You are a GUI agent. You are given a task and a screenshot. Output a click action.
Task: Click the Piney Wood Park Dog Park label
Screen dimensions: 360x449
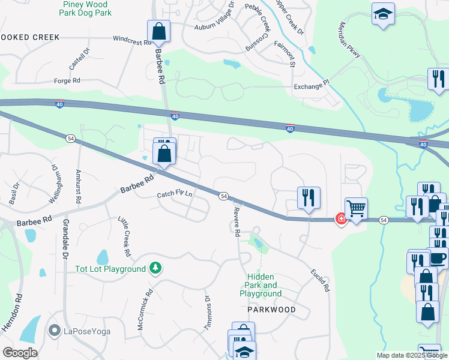click(x=87, y=8)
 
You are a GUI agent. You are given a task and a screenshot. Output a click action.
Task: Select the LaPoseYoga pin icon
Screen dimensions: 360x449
click(x=54, y=330)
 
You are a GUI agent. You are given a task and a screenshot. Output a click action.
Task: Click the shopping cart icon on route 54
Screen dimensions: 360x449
click(x=356, y=208)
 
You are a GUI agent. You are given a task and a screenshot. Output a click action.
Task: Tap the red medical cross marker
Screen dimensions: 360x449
click(x=341, y=219)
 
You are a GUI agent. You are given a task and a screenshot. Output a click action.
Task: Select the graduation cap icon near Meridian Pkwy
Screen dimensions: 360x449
click(x=382, y=14)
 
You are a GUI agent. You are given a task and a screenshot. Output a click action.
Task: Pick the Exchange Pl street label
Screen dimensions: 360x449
click(x=312, y=87)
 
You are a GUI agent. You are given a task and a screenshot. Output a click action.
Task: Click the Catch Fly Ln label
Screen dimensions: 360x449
click(x=175, y=194)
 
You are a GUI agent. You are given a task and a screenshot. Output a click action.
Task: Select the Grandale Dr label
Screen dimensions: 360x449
click(x=64, y=239)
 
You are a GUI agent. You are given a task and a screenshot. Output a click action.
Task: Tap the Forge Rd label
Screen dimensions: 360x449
click(x=67, y=80)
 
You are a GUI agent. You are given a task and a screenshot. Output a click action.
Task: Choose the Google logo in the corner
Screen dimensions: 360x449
click(x=20, y=353)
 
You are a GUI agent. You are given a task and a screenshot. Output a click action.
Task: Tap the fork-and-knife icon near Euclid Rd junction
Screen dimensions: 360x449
click(x=309, y=197)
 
